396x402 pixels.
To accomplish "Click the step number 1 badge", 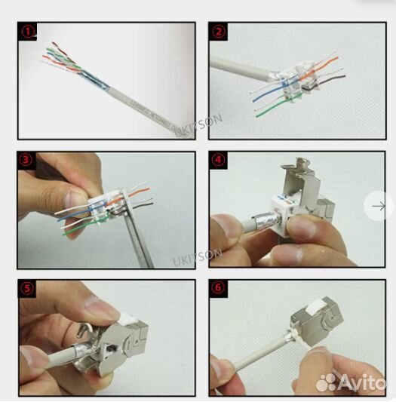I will (x=28, y=32).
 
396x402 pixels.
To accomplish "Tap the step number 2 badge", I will (x=219, y=32).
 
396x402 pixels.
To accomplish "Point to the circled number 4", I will (x=219, y=161).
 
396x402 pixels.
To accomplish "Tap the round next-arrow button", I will (x=379, y=206).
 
